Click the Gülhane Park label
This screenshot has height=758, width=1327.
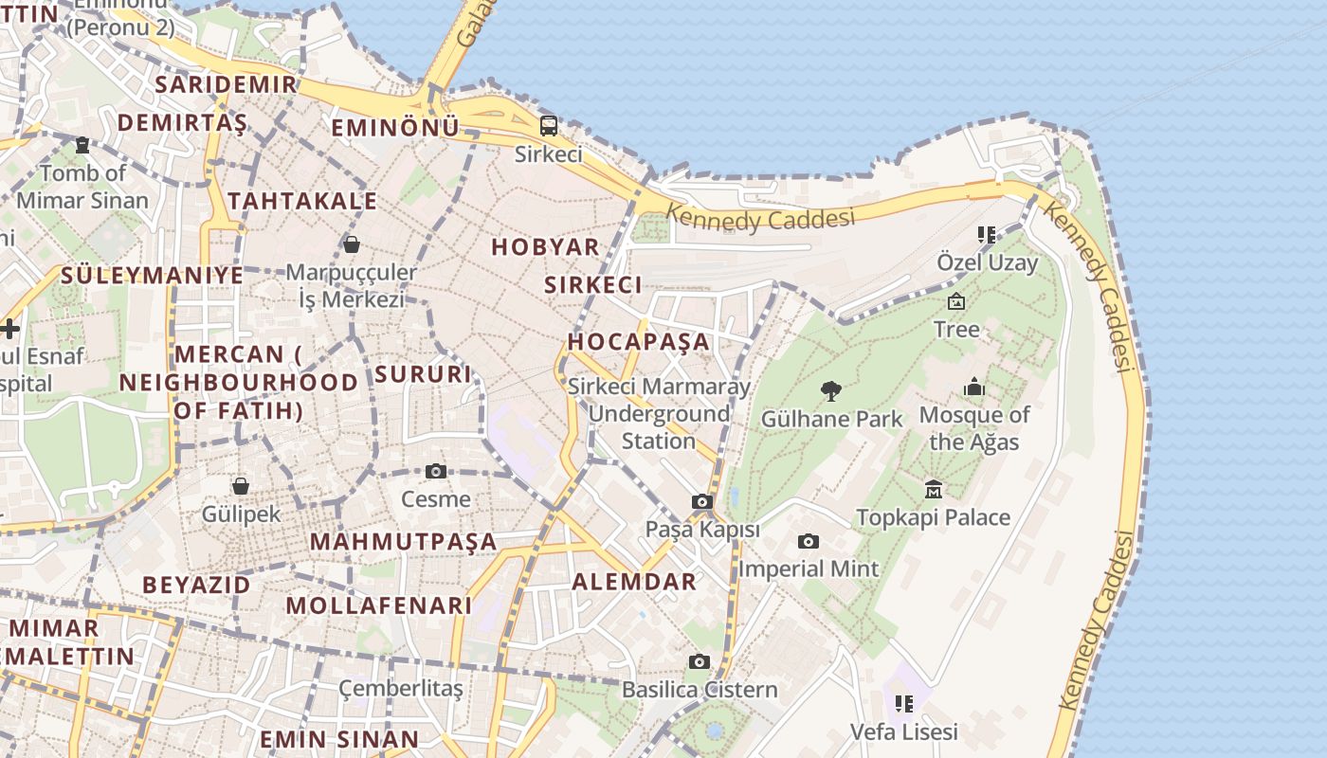tap(832, 418)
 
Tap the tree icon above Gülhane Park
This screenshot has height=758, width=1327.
tap(831, 390)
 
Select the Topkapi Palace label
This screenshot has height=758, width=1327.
tap(933, 517)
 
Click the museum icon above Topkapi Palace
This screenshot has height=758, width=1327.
tap(934, 489)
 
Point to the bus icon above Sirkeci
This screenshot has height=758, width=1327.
tap(549, 126)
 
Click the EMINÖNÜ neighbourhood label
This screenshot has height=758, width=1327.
tap(395, 127)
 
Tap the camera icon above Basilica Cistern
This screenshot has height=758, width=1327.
tap(700, 661)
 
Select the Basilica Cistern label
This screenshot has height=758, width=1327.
tap(700, 690)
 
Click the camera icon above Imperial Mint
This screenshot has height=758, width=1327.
tap(809, 541)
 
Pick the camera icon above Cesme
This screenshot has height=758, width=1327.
tap(436, 471)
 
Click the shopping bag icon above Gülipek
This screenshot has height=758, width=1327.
tap(241, 486)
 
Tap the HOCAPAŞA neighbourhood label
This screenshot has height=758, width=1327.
tap(639, 341)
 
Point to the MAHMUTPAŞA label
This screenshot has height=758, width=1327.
tap(404, 542)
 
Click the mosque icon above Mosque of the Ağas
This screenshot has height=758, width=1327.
tap(974, 387)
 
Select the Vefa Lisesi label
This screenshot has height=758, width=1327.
tap(903, 731)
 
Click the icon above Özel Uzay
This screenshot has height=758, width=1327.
tap(987, 234)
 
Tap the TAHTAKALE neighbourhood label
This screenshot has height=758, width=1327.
tap(302, 201)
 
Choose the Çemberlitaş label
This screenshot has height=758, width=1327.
tap(401, 688)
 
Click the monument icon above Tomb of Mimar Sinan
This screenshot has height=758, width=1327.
tap(82, 145)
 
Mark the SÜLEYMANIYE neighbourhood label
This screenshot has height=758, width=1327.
tap(152, 276)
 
